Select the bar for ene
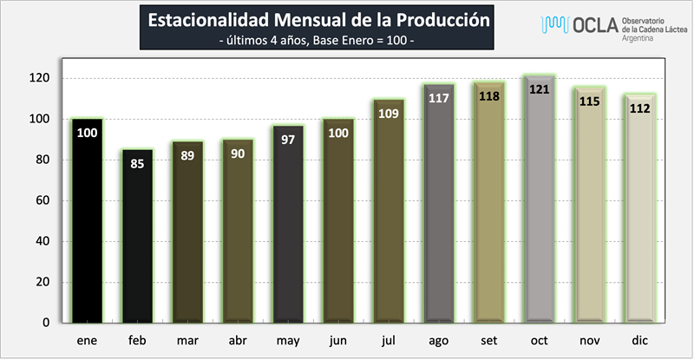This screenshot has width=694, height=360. pos(87,221)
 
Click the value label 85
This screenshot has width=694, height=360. pos(137,162)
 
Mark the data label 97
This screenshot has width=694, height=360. pos(288,139)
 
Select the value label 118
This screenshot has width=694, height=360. pos(489,95)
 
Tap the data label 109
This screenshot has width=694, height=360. pos(389,114)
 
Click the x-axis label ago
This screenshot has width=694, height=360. pos(438,341)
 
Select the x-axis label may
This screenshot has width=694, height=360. pos(287,341)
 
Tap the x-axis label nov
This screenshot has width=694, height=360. pos(589,341)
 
